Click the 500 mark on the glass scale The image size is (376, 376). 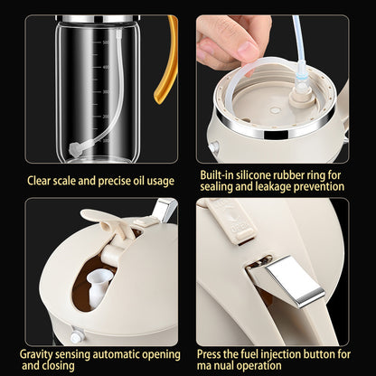[106, 42]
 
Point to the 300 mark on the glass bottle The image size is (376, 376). [106, 91]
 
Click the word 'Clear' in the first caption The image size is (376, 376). [42, 181]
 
